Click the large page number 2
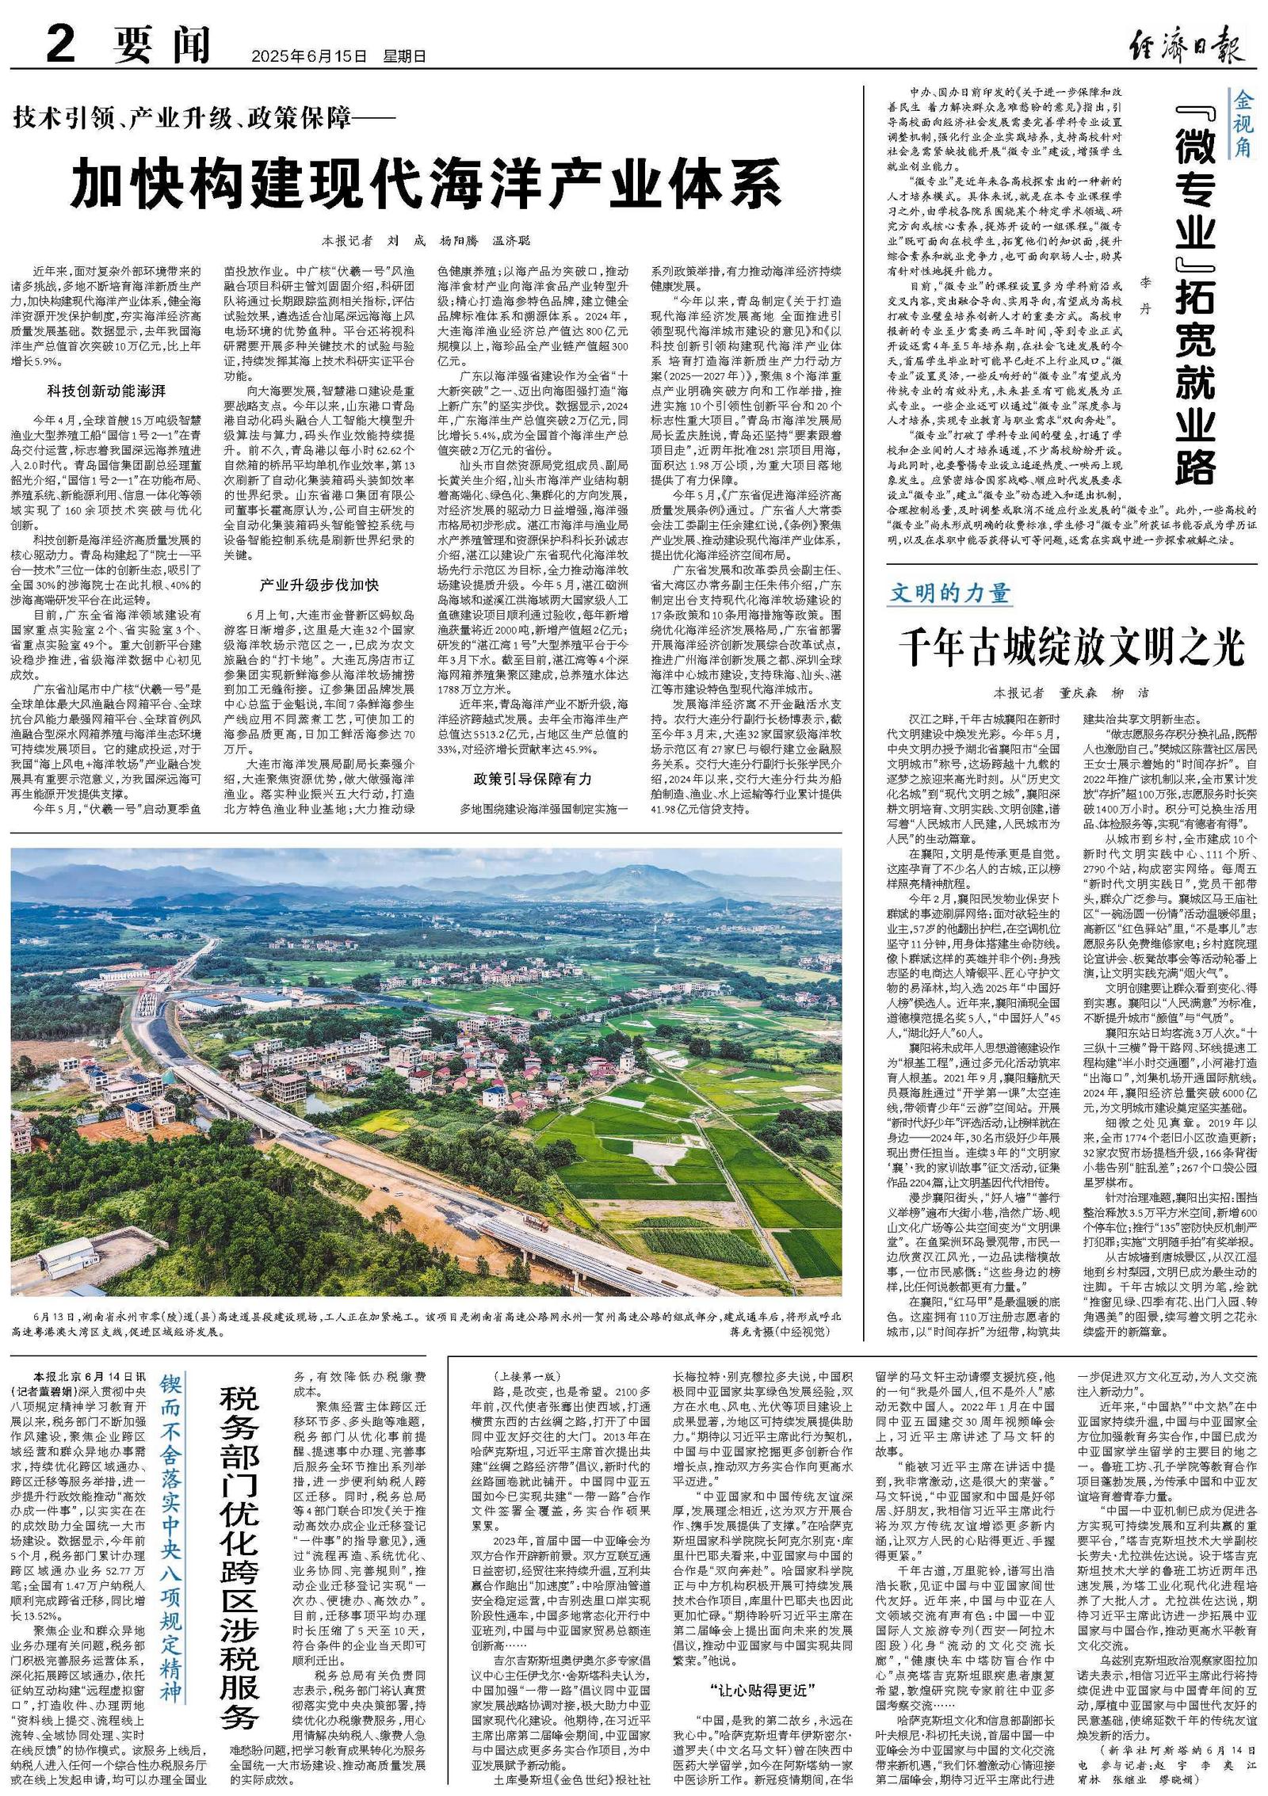point(60,44)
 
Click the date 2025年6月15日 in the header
point(310,57)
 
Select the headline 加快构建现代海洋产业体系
point(426,184)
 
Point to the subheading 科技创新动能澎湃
point(105,391)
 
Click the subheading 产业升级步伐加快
point(319,585)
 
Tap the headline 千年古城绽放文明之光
point(1071,647)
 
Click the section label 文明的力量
point(950,593)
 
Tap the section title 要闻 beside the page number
point(162,45)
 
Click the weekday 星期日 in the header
point(404,57)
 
